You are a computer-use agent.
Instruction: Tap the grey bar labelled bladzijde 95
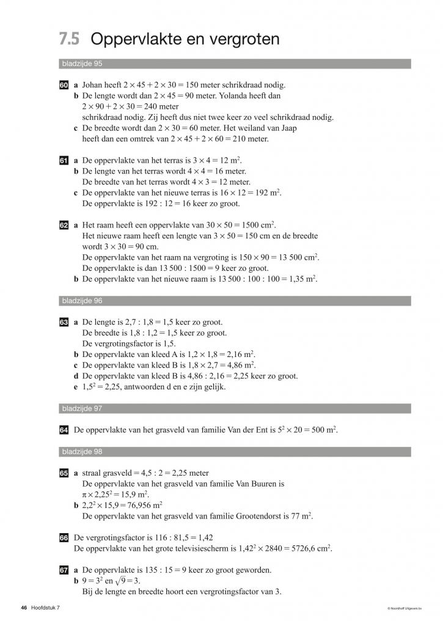coord(235,64)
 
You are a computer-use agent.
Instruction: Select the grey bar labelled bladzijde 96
coord(235,301)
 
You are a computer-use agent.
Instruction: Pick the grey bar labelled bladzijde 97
coord(235,408)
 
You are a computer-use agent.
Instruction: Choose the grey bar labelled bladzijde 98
coord(235,452)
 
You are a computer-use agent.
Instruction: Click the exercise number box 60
coord(64,86)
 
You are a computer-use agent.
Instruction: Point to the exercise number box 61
coord(64,161)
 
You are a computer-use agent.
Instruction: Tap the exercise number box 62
coord(64,225)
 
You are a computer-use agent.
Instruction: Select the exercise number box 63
coord(64,322)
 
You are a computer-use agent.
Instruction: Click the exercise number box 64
coord(64,430)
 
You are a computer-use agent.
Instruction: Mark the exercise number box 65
coord(64,473)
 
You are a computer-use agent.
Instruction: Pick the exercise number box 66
coord(64,537)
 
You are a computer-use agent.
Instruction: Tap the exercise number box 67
coord(64,570)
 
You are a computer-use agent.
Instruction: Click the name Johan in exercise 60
coord(93,86)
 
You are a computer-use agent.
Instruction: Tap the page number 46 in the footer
coord(24,608)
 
